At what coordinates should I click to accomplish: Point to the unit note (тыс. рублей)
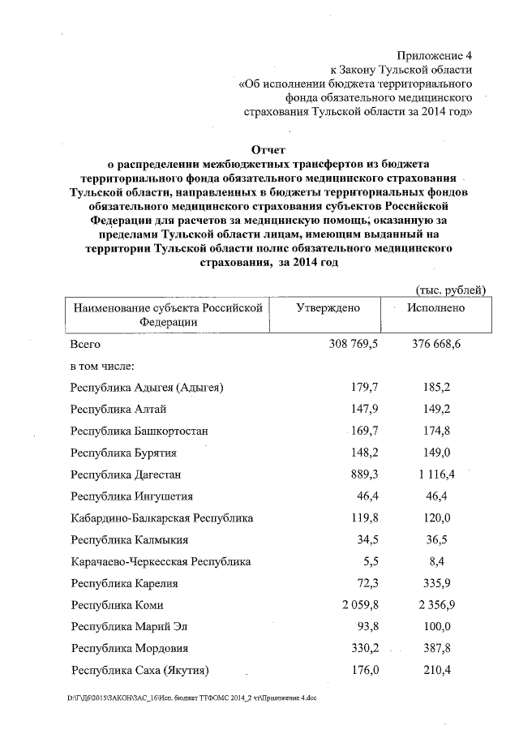[450, 289]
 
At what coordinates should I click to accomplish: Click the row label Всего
[87, 345]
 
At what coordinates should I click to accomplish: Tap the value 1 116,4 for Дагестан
[439, 474]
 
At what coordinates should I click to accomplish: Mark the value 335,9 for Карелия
[443, 583]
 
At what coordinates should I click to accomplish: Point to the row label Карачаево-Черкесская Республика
[161, 561]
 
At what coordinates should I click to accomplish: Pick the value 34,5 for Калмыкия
[366, 539]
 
